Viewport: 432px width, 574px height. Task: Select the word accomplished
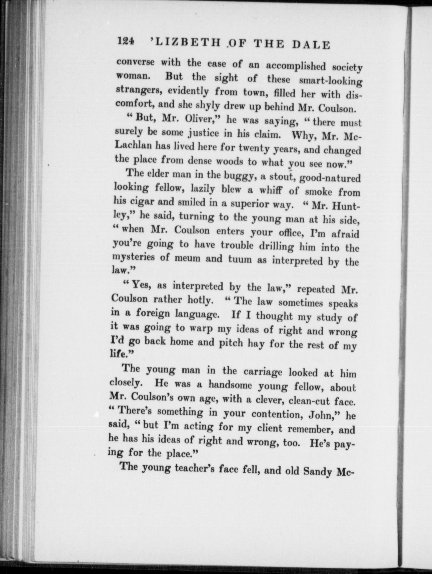click(297, 66)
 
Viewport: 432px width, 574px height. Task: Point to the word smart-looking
click(330, 81)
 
